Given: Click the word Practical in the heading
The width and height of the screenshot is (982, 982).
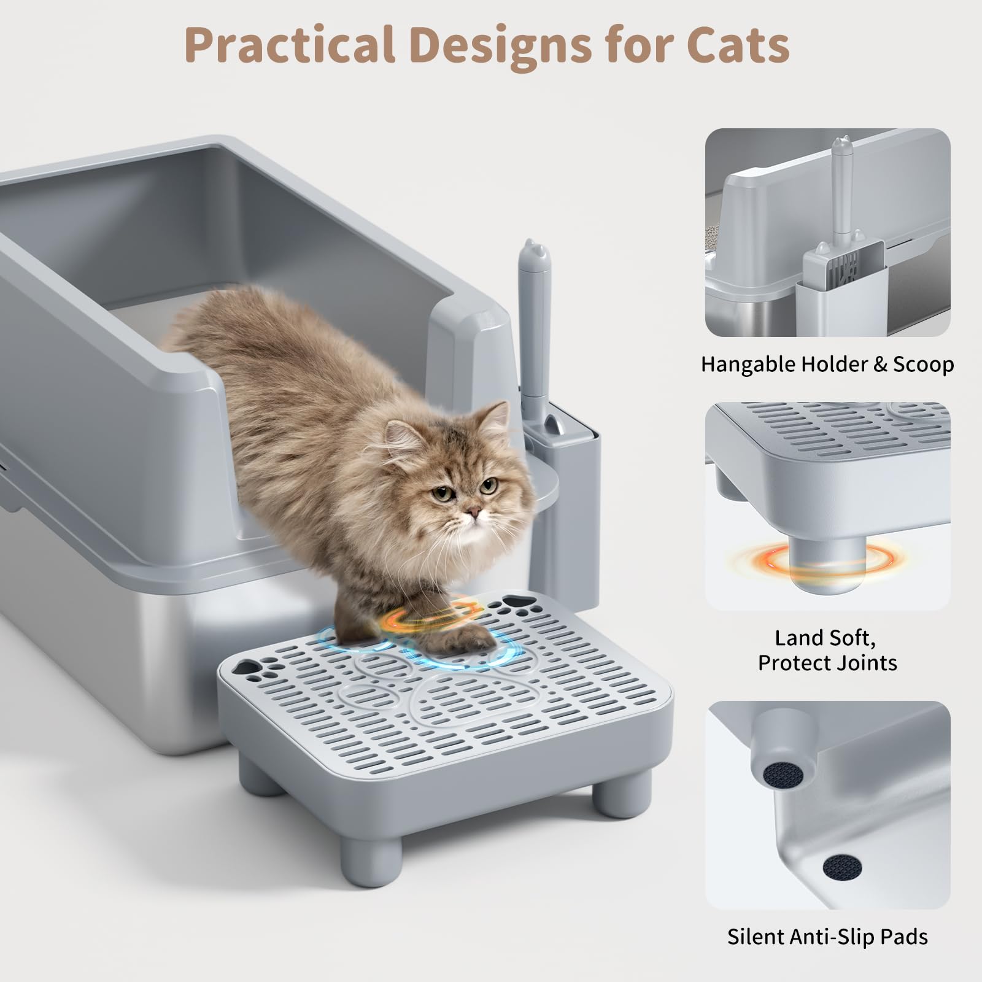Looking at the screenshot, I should pyautogui.click(x=288, y=44).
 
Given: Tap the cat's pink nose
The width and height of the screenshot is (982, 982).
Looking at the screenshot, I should pyautogui.click(x=471, y=512).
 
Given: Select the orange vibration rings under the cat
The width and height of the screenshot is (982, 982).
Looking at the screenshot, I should pyautogui.click(x=430, y=617).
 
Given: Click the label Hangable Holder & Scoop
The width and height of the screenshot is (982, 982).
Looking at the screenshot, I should pyautogui.click(x=827, y=365).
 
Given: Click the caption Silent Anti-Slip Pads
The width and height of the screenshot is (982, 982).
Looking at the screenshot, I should pyautogui.click(x=827, y=937).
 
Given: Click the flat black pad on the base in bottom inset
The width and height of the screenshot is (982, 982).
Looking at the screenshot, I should pyautogui.click(x=842, y=867).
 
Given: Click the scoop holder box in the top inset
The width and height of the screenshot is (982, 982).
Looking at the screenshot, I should pyautogui.click(x=844, y=295).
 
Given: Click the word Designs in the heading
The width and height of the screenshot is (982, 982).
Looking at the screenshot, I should pyautogui.click(x=500, y=44).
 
